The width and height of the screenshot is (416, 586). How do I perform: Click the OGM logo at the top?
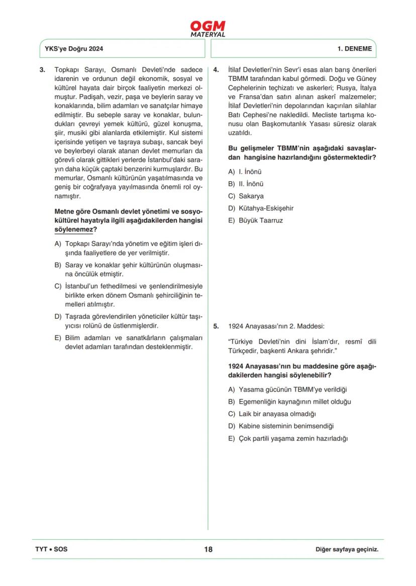click(207, 29)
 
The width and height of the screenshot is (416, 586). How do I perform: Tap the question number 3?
click(42, 70)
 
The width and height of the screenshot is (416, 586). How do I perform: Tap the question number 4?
click(216, 70)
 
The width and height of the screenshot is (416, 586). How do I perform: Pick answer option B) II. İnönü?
click(246, 184)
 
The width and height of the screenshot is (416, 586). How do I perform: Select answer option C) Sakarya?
click(246, 196)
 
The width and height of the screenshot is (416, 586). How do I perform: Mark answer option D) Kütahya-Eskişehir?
click(260, 208)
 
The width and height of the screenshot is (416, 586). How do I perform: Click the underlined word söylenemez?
click(75, 229)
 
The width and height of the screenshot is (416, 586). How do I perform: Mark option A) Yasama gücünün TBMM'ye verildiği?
click(287, 390)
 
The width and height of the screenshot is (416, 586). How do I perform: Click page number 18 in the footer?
click(208, 549)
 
